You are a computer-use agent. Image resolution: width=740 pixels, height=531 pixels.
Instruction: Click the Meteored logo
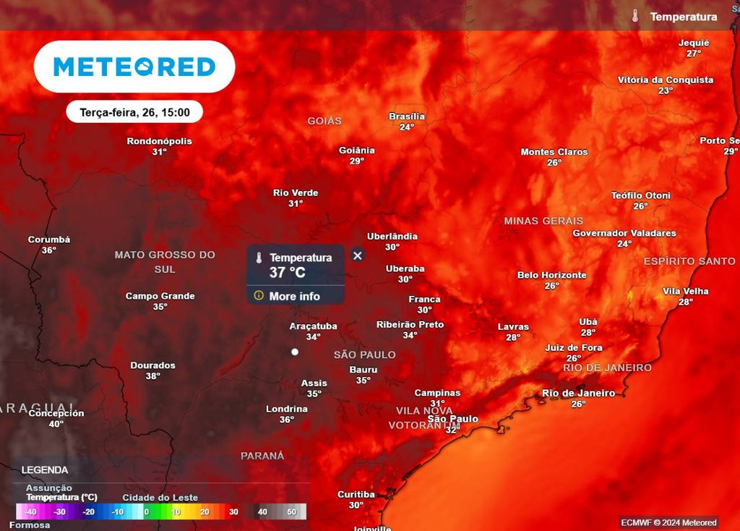pyautogui.click(x=134, y=67)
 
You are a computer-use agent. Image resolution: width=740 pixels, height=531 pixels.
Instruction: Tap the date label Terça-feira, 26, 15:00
pyautogui.click(x=134, y=112)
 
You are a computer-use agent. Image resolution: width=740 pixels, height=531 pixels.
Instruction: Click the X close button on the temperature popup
pyautogui.click(x=357, y=255)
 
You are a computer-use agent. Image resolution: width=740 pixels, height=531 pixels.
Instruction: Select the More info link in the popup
pyautogui.click(x=294, y=296)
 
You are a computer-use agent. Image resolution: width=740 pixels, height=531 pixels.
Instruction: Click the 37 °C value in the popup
pyautogui.click(x=288, y=273)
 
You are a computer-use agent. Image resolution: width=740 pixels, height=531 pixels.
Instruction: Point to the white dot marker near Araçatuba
pyautogui.click(x=295, y=352)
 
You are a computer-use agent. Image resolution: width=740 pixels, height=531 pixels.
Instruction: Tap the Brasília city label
pyautogui.click(x=407, y=116)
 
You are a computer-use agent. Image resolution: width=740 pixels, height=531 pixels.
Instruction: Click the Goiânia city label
pyautogui.click(x=357, y=150)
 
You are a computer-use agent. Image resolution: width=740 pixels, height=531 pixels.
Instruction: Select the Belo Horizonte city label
pyautogui.click(x=552, y=276)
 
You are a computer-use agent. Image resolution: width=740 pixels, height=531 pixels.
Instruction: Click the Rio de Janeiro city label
pyautogui.click(x=578, y=394)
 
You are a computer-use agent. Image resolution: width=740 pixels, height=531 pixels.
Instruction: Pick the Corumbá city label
pyautogui.click(x=49, y=240)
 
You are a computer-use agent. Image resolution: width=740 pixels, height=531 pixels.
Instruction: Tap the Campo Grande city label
pyautogui.click(x=160, y=296)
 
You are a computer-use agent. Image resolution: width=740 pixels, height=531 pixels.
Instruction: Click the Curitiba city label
pyautogui.click(x=356, y=495)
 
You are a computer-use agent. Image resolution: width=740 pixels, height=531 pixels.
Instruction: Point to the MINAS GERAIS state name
pyautogui.click(x=543, y=221)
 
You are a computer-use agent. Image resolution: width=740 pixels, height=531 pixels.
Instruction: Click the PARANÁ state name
pyautogui.click(x=262, y=456)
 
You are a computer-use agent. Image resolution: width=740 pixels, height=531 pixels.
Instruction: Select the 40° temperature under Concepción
pyautogui.click(x=56, y=424)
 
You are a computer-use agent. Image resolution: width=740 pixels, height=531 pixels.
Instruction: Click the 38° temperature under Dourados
pyautogui.click(x=152, y=376)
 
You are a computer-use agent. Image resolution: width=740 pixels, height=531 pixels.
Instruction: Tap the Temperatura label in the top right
pyautogui.click(x=684, y=17)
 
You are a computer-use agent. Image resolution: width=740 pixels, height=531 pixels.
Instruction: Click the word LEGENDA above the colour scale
pyautogui.click(x=45, y=470)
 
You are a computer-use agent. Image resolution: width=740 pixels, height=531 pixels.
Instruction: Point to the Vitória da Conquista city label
pyautogui.click(x=666, y=80)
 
